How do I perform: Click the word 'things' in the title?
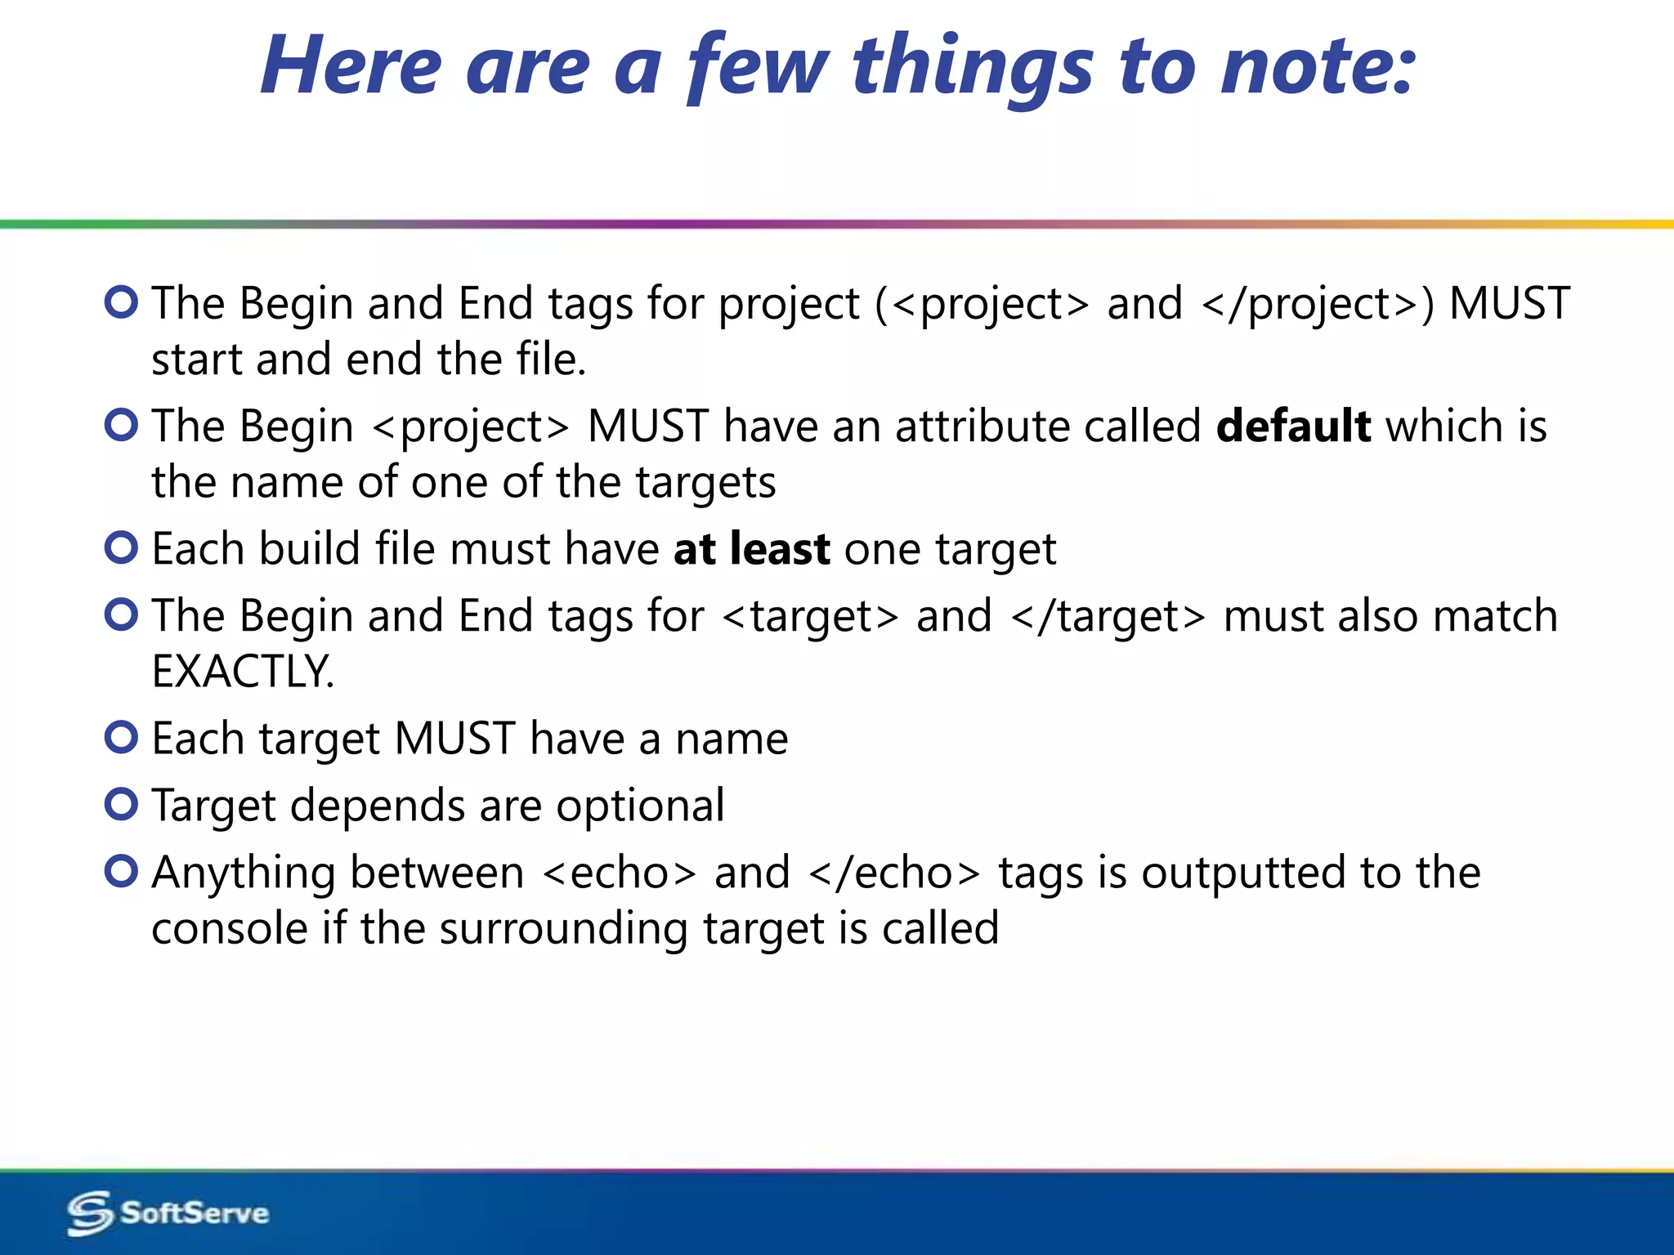coord(972,69)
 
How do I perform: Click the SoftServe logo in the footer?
coord(168,1213)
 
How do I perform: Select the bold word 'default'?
coord(1293,427)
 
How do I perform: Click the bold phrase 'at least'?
coord(751,549)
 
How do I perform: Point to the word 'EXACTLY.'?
coord(244,672)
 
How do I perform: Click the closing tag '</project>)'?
coord(1318,305)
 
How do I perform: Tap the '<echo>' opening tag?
coord(620,873)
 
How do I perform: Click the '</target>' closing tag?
coord(1108,617)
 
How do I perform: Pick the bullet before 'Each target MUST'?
coord(122,738)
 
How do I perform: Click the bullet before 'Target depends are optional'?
coord(122,805)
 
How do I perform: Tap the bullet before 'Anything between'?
coord(122,872)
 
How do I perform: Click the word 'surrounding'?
coord(563,930)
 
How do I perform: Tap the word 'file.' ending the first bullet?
coord(550,360)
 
